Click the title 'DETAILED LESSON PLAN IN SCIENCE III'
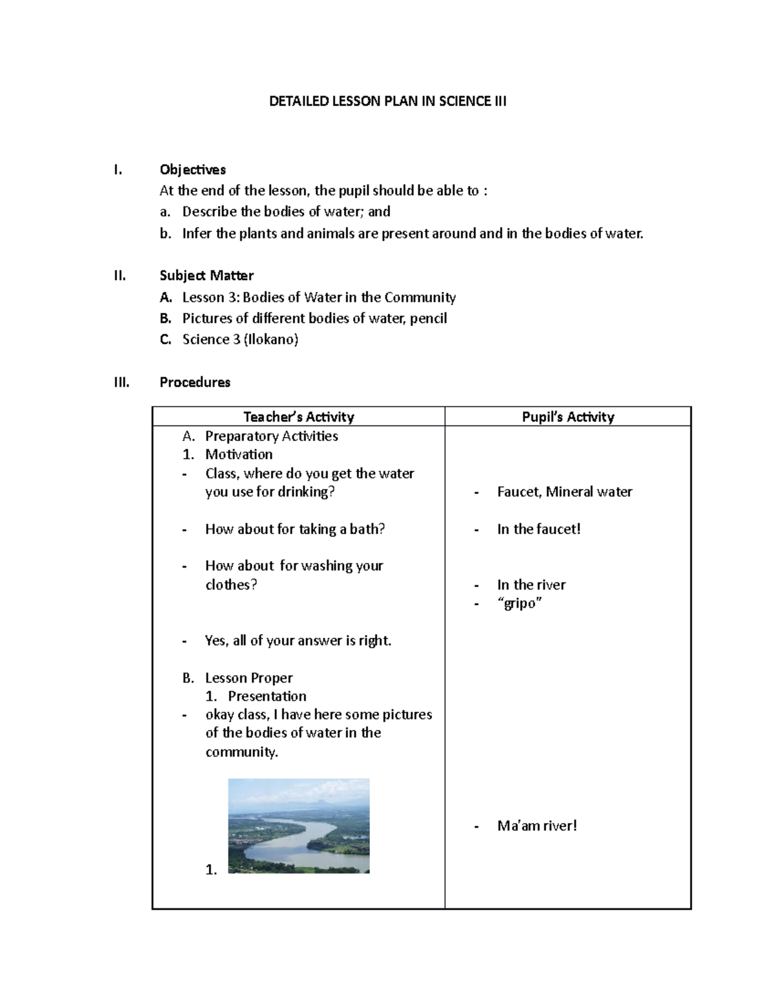[387, 101]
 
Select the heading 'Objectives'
[192, 169]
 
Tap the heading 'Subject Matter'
[206, 275]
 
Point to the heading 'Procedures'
[195, 382]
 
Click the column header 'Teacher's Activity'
[298, 417]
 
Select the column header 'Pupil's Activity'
[568, 417]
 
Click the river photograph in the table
[299, 826]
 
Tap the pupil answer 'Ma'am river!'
[536, 826]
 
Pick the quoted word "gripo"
[519, 603]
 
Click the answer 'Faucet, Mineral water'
[564, 492]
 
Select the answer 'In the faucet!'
[538, 529]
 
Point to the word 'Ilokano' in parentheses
[271, 339]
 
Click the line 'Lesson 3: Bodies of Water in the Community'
[318, 297]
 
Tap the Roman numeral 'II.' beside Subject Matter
[120, 275]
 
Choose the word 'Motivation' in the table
[239, 454]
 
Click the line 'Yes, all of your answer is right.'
[297, 641]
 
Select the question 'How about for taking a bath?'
[295, 529]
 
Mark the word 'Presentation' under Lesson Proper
[266, 696]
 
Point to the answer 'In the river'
[531, 585]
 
